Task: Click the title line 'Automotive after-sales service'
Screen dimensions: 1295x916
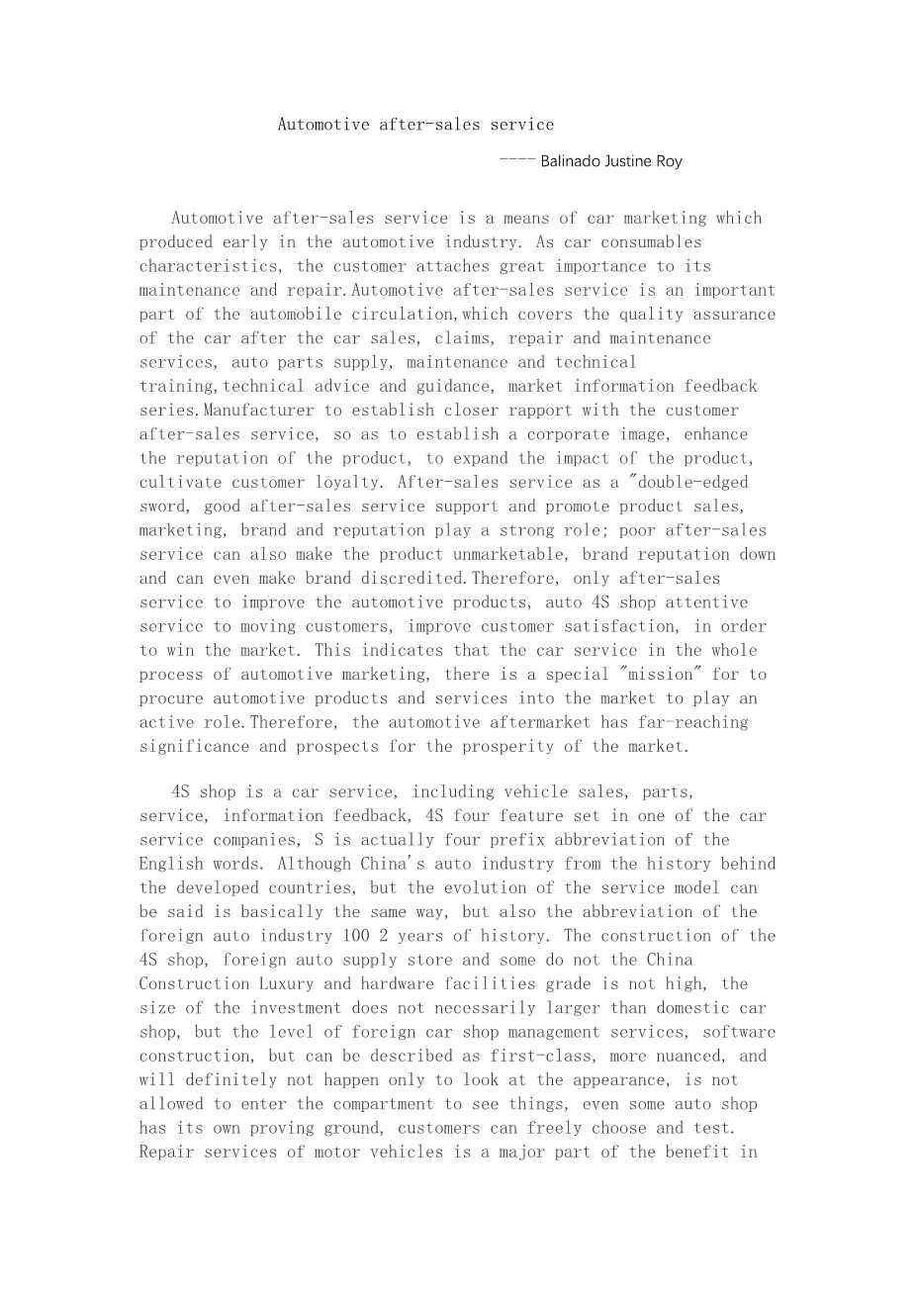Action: click(x=415, y=125)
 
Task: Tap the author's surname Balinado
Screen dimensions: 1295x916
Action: click(x=569, y=161)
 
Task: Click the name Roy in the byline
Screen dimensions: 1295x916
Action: click(x=670, y=161)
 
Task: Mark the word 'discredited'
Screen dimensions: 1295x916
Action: click(x=415, y=579)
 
